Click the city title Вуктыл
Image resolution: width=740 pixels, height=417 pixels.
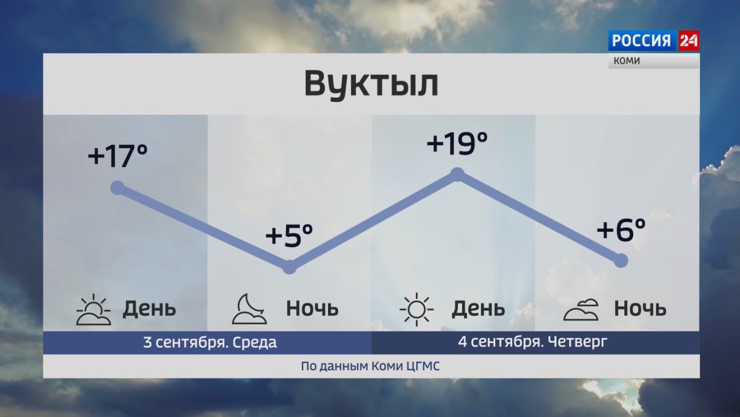(x=371, y=84)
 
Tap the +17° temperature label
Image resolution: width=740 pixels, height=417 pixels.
(x=117, y=156)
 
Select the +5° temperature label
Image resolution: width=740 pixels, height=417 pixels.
(x=289, y=235)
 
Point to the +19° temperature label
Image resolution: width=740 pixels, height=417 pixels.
(x=457, y=143)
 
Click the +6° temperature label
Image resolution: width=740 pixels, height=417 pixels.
(x=621, y=229)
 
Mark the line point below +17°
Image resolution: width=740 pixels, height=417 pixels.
(x=117, y=188)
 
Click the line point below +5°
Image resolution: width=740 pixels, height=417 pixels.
(x=290, y=267)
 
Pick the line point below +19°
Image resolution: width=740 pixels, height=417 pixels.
(x=457, y=174)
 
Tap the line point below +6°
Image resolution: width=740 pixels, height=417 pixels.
(x=621, y=261)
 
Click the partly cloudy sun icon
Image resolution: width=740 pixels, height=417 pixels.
(x=94, y=309)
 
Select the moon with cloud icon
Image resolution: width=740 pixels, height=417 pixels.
(x=249, y=309)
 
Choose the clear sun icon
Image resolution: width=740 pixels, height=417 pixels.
(x=416, y=309)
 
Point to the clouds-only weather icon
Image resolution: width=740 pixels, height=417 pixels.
(x=581, y=310)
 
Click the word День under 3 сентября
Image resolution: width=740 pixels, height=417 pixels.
(x=149, y=309)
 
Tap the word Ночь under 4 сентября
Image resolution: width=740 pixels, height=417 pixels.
(x=640, y=309)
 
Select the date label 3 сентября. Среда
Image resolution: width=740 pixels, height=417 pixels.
(x=210, y=342)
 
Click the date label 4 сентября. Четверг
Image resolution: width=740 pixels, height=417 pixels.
(x=532, y=342)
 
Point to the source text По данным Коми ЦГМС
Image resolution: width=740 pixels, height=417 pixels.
(x=371, y=367)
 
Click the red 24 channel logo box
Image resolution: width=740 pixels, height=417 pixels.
(x=689, y=41)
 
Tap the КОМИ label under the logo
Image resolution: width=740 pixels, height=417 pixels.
(x=627, y=61)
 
